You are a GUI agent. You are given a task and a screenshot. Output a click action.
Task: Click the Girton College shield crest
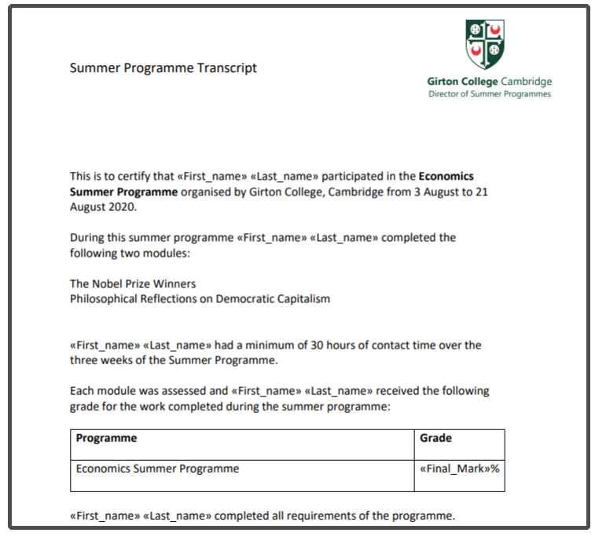coord(486,44)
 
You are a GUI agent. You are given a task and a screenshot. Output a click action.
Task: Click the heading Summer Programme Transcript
coord(163,67)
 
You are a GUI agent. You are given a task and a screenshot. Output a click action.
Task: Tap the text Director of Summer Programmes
coord(489,94)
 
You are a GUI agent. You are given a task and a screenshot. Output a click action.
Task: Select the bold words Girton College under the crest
coord(453,82)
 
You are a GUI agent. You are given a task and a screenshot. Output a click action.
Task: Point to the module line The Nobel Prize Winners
coord(133,283)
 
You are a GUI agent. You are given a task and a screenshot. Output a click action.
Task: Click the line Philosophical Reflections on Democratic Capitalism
coord(200,298)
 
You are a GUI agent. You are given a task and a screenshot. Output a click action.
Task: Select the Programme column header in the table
coord(106,438)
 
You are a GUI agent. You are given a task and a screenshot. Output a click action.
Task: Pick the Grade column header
coord(436,438)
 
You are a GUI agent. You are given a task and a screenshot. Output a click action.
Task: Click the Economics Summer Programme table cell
coord(157,469)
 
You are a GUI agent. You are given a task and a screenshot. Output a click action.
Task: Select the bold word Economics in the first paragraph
coord(446,176)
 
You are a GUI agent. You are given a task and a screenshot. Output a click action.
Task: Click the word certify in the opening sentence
coord(123,176)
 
